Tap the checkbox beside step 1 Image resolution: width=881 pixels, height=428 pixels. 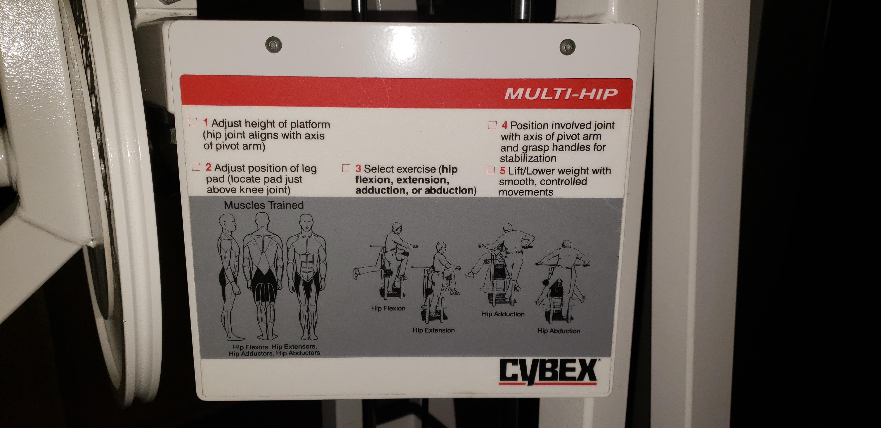coord(193,122)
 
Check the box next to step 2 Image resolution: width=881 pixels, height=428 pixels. coord(196,167)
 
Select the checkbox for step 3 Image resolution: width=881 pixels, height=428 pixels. coord(347,168)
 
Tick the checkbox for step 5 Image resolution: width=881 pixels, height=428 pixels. coord(491,170)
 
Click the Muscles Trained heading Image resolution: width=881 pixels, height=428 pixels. coord(264,205)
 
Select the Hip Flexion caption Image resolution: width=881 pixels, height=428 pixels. coord(388,308)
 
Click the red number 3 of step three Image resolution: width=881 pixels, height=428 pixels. coord(358,169)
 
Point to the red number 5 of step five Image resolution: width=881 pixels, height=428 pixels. coord(502,171)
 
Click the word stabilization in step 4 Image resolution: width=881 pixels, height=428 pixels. coord(528,159)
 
